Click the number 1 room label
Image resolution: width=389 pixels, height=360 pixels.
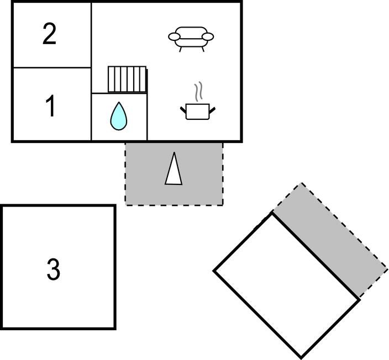click(x=50, y=107)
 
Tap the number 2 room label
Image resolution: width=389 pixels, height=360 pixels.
click(x=50, y=34)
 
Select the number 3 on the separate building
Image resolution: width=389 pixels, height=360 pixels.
click(x=53, y=270)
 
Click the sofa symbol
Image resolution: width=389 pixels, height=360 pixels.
click(x=191, y=38)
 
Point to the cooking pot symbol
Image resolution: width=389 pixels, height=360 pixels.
click(x=198, y=110)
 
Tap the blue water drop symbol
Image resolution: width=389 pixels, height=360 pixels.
click(x=118, y=117)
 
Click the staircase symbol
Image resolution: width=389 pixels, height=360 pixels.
click(x=127, y=80)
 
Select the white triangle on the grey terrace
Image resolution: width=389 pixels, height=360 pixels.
click(x=174, y=169)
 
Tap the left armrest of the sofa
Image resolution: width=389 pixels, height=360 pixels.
click(x=175, y=37)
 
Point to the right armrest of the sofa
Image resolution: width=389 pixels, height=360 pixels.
click(x=208, y=37)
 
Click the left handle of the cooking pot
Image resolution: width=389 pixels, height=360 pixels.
click(x=183, y=110)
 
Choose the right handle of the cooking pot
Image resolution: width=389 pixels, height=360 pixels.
click(x=212, y=110)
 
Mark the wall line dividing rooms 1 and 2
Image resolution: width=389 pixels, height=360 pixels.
click(x=51, y=68)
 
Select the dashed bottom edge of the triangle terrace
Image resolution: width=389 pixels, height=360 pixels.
click(x=174, y=205)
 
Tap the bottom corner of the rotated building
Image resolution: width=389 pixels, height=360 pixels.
click(x=302, y=357)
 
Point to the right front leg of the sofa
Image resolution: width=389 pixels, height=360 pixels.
click(x=203, y=49)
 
